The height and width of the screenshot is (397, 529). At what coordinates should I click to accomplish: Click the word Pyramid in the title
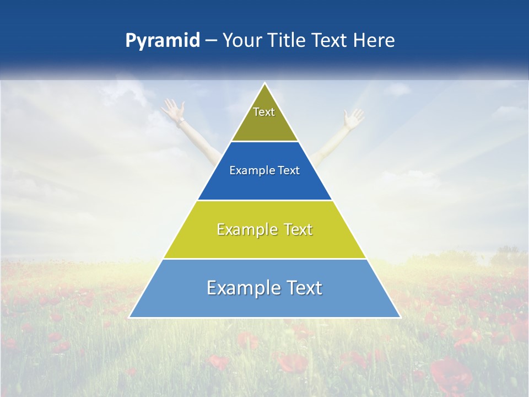click(162, 41)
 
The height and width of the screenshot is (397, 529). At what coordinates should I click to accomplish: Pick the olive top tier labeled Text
click(264, 119)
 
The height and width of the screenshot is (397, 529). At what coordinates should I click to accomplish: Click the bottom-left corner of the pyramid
click(131, 317)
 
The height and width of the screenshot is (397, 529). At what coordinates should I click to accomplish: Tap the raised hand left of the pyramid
click(172, 109)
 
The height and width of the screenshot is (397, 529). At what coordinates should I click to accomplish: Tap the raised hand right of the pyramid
click(353, 117)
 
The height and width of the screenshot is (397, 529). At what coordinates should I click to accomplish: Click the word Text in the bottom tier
click(303, 288)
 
